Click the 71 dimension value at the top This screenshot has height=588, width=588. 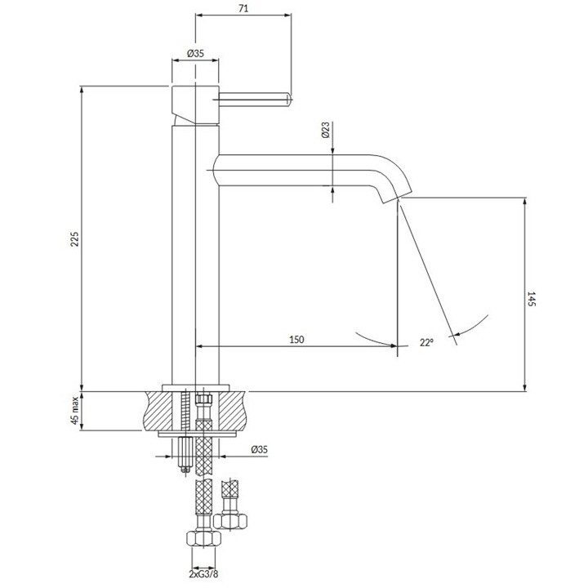243,8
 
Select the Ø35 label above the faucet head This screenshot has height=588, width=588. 195,53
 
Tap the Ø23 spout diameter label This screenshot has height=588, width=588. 326,130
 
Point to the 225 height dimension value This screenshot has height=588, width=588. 75,238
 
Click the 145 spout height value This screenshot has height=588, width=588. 532,299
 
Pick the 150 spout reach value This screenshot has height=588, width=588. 296,340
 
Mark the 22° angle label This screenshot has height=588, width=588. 426,342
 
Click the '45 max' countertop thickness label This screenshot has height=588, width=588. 75,410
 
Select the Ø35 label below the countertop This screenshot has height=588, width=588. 260,449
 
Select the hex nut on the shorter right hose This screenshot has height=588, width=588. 230,521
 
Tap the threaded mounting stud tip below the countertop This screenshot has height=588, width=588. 184,469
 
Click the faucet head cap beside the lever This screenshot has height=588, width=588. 195,105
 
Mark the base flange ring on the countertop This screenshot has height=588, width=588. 195,388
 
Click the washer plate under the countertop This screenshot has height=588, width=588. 198,434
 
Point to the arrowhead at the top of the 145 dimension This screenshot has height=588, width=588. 524,201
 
